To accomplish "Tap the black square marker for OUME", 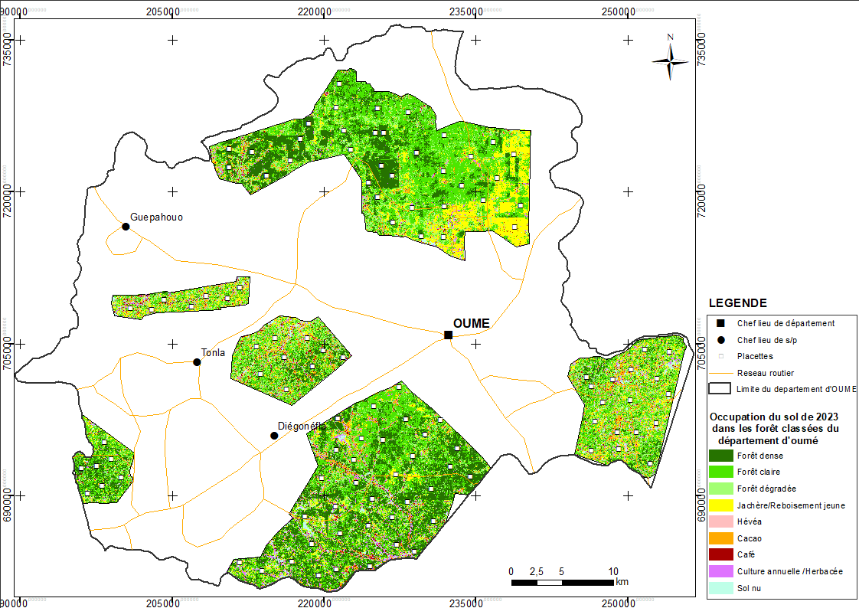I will (x=448, y=335).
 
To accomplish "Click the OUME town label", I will (x=471, y=323).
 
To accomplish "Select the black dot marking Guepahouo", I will (x=126, y=226).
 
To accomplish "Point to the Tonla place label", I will (x=213, y=353).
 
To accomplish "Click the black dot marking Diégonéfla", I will (x=274, y=436).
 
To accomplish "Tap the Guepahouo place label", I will (x=157, y=217).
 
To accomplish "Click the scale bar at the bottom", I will (x=563, y=583).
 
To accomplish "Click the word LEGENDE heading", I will (x=737, y=303).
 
